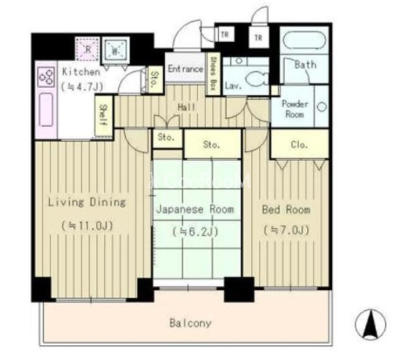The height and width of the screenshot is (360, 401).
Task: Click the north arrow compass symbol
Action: (371, 324)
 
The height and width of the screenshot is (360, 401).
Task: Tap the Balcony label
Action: (191, 323)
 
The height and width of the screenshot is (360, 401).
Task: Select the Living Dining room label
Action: (87, 202)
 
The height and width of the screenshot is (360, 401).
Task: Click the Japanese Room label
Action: (195, 209)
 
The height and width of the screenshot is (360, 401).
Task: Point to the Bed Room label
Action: (286, 210)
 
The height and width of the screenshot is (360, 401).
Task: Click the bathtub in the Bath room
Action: (304, 40)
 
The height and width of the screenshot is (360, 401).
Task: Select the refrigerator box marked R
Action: (87, 49)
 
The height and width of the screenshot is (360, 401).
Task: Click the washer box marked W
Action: (115, 50)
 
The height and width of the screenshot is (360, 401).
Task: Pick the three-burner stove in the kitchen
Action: (46, 77)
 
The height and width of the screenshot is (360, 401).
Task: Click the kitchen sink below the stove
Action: (46, 109)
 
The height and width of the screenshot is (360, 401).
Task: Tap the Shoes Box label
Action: (212, 74)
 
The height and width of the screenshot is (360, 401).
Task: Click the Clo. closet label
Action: (299, 145)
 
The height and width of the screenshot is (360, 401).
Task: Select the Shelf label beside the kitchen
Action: (103, 115)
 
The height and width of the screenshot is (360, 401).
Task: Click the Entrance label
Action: (185, 69)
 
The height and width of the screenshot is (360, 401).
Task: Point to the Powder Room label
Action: (295, 109)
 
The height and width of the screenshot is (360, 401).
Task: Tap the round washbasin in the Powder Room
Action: (322, 106)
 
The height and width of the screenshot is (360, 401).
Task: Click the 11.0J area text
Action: (87, 226)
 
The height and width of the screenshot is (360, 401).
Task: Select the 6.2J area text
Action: (195, 232)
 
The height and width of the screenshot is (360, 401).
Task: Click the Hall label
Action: (187, 107)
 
